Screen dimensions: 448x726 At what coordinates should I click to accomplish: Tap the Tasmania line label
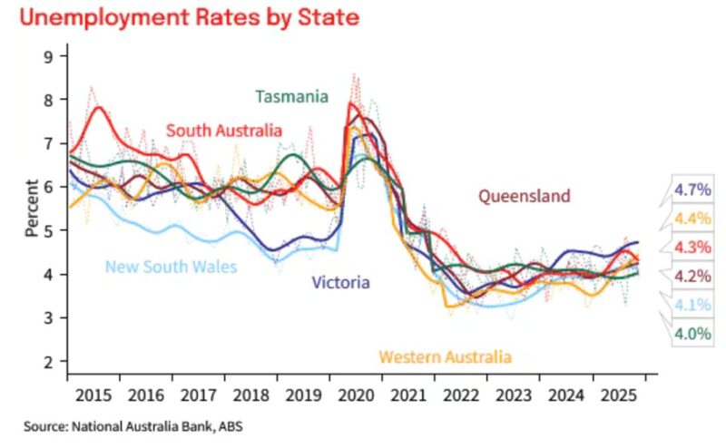[291, 96]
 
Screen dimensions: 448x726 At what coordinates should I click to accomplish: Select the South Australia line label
[224, 131]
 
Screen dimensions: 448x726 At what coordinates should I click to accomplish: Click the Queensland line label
[525, 196]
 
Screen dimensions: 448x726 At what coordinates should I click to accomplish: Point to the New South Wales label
[171, 267]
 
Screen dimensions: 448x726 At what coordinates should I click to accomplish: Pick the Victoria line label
[340, 283]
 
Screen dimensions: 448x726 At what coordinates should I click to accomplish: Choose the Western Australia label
[445, 356]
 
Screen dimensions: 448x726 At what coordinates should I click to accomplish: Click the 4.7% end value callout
[693, 190]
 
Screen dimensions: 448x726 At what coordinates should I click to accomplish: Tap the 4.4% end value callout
[693, 219]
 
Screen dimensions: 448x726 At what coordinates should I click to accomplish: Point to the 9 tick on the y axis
[51, 55]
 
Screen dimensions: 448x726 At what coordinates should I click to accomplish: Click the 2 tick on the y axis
[51, 362]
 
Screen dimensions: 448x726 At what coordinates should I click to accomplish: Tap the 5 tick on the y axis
[51, 230]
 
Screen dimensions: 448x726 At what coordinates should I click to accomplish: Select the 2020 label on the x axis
[357, 397]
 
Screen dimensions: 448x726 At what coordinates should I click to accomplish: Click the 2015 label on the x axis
[93, 397]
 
